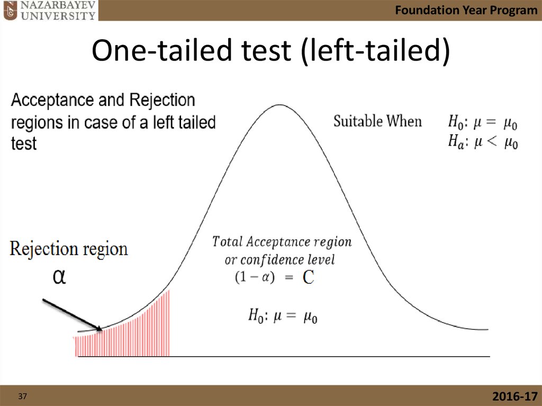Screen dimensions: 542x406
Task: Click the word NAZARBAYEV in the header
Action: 58,5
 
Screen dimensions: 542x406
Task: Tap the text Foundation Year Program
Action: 466,10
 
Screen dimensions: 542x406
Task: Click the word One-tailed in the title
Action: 161,50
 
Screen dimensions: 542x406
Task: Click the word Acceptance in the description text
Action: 52,100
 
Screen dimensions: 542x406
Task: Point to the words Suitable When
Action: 377,121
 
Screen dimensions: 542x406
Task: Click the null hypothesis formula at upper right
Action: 483,123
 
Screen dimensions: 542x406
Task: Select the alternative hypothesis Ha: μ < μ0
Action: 483,142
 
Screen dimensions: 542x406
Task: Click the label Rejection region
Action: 69,249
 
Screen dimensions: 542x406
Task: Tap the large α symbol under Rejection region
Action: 59,277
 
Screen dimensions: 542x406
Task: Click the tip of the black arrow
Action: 102,330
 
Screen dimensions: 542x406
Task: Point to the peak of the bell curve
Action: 279,105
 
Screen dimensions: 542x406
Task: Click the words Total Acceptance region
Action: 282,242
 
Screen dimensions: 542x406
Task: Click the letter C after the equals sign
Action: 309,277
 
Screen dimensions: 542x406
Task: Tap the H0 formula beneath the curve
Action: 283,316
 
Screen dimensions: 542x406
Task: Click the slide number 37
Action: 22,396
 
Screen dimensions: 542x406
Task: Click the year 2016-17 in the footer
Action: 515,396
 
